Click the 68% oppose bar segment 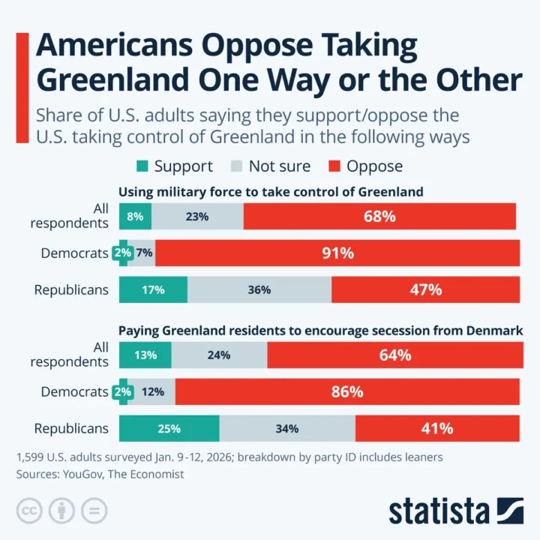click(379, 217)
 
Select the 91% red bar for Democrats click(337, 253)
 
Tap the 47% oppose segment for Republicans click(425, 289)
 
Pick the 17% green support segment click(153, 289)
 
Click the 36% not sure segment click(259, 289)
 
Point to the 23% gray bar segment click(197, 217)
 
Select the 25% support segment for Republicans click(169, 429)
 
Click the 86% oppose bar click(347, 392)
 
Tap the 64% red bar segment click(393, 355)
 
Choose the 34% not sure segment click(287, 429)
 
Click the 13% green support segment click(145, 355)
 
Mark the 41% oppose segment click(437, 429)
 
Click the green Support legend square click(142, 166)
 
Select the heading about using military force click(270, 192)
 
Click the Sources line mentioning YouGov click(100, 474)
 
